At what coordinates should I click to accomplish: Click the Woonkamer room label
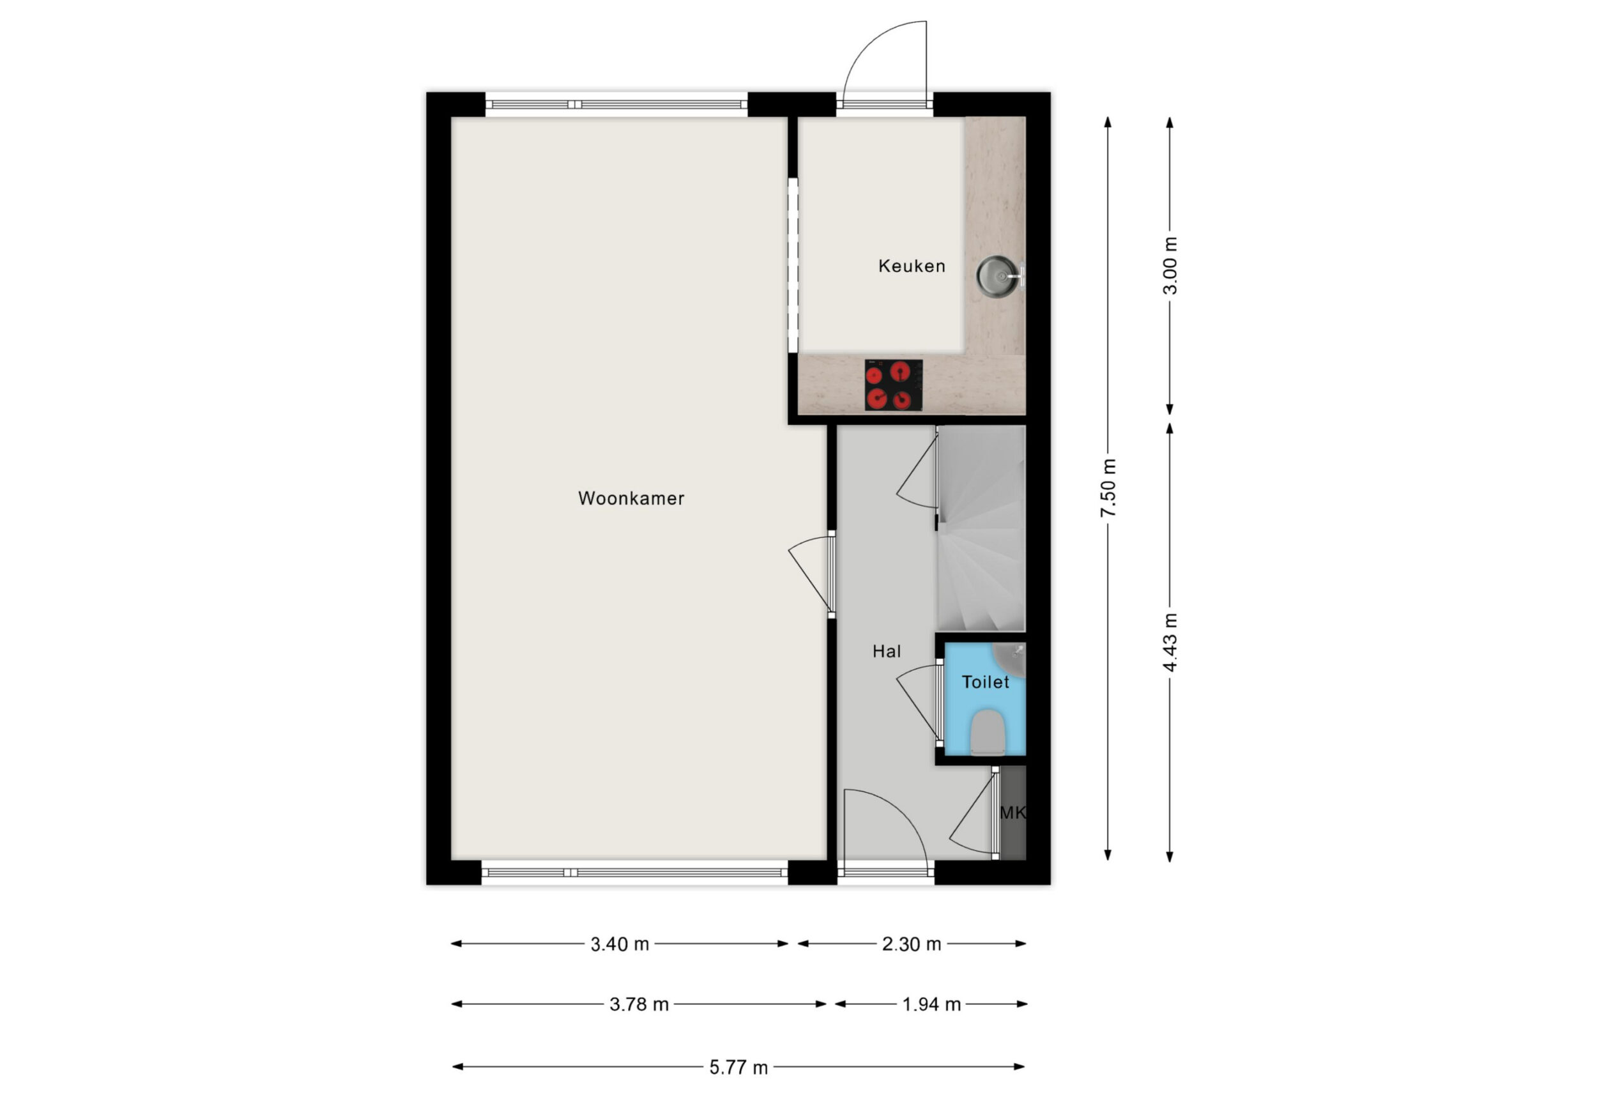click(x=631, y=498)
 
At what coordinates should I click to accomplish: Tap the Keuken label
click(x=911, y=266)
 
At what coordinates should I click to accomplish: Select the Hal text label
click(x=887, y=651)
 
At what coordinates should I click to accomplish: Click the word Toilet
click(x=986, y=682)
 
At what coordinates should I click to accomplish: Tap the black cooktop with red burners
click(x=893, y=385)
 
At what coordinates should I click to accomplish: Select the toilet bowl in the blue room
click(x=989, y=732)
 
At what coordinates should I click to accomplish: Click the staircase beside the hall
click(x=981, y=528)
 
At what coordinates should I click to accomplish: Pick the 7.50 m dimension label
click(x=1108, y=487)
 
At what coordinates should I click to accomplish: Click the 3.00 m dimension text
click(x=1170, y=265)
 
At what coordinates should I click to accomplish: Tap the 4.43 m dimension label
click(x=1170, y=643)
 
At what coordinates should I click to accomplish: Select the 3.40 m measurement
click(x=620, y=944)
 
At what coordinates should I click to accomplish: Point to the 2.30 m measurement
click(x=911, y=944)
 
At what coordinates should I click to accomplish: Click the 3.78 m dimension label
click(x=639, y=1004)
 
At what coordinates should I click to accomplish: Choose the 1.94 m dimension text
click(x=931, y=1004)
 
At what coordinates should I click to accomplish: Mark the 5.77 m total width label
click(x=738, y=1068)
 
